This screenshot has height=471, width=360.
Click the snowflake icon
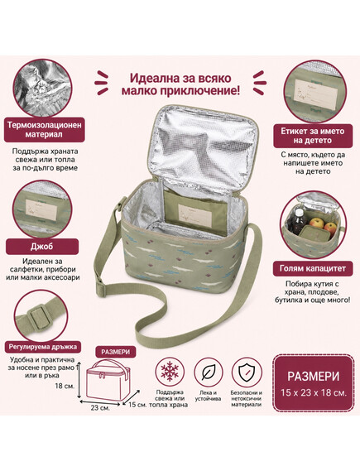(x=170, y=372)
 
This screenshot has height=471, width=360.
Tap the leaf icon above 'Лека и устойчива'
(x=208, y=372)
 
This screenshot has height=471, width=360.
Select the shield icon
(x=247, y=372)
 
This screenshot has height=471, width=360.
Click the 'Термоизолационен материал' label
(x=45, y=129)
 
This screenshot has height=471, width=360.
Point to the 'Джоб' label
(x=42, y=247)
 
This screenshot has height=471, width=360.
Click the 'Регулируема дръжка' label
(x=43, y=347)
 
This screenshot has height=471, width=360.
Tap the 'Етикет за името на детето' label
(x=313, y=136)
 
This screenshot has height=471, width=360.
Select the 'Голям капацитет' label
(x=313, y=268)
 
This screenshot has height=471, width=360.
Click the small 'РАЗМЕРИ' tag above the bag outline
(x=116, y=352)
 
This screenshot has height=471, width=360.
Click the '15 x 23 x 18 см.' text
(x=314, y=392)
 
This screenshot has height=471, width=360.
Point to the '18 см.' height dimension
(x=65, y=386)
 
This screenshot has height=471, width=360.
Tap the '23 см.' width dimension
(x=100, y=408)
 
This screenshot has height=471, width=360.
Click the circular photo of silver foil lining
(x=42, y=88)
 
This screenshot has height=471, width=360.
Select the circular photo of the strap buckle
(x=41, y=315)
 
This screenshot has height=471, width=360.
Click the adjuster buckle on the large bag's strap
(x=101, y=289)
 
